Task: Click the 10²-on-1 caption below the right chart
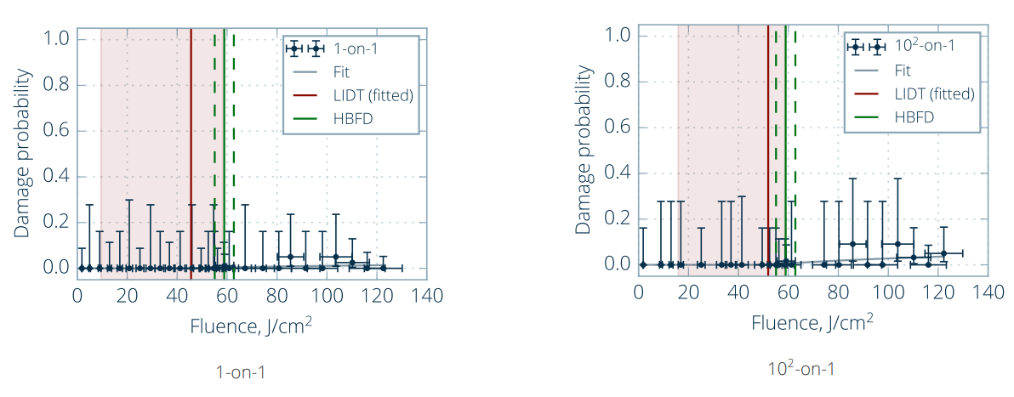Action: tap(801, 368)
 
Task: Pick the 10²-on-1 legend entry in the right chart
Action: tap(926, 46)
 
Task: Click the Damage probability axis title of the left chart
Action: tap(23, 153)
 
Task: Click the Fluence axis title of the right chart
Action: tap(812, 323)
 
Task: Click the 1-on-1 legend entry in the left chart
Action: tap(356, 49)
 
